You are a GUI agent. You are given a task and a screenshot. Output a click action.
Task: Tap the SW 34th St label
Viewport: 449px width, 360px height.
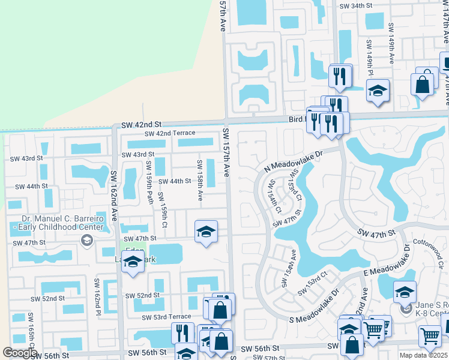(x=356, y=6)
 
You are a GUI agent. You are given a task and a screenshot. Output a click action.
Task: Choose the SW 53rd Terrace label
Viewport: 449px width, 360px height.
(x=166, y=317)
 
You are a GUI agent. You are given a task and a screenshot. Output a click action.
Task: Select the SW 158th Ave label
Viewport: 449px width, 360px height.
(x=200, y=180)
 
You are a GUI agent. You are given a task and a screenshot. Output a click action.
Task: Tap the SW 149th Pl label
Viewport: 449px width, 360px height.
(x=369, y=57)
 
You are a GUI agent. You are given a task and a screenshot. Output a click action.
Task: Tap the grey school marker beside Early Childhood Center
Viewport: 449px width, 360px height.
(x=87, y=241)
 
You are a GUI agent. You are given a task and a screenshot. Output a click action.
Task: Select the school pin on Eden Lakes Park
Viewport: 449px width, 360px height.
(x=133, y=261)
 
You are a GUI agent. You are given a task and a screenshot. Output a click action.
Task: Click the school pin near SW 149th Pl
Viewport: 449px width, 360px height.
(x=378, y=91)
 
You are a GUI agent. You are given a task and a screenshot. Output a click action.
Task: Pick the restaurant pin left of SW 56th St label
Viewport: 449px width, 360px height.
(x=182, y=332)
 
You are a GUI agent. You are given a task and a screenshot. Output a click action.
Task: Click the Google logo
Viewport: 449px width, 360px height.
(x=20, y=353)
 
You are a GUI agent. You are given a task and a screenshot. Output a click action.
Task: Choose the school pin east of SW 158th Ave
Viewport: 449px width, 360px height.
(x=206, y=232)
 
